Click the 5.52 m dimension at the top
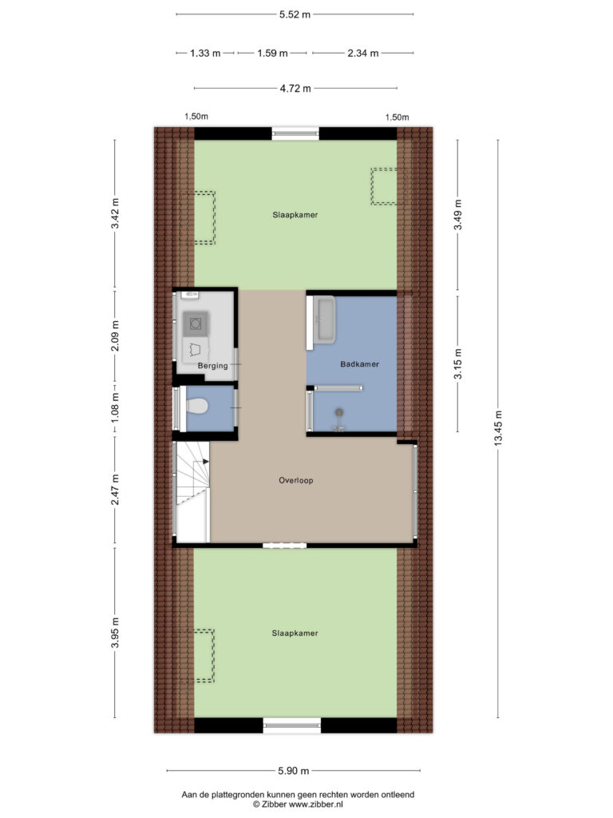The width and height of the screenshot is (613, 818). (x=295, y=14)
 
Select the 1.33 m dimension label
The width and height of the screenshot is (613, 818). (x=205, y=54)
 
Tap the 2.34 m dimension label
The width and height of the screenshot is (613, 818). (x=362, y=54)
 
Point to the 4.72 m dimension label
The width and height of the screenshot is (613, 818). (x=295, y=89)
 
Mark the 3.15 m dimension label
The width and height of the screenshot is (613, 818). (x=457, y=363)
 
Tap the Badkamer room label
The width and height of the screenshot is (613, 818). (x=358, y=364)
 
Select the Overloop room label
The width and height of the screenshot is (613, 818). (x=296, y=481)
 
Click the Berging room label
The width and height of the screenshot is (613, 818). (x=213, y=366)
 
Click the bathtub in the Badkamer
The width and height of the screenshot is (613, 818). (x=325, y=321)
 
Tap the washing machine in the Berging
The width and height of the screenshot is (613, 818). (x=196, y=323)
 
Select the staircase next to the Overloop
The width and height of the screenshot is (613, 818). (x=192, y=492)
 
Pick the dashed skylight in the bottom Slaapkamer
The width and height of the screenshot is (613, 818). (x=204, y=656)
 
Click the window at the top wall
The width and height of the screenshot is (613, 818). (x=295, y=133)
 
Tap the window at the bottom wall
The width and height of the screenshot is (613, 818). (x=291, y=726)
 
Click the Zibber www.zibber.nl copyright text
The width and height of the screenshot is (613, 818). (x=299, y=805)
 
